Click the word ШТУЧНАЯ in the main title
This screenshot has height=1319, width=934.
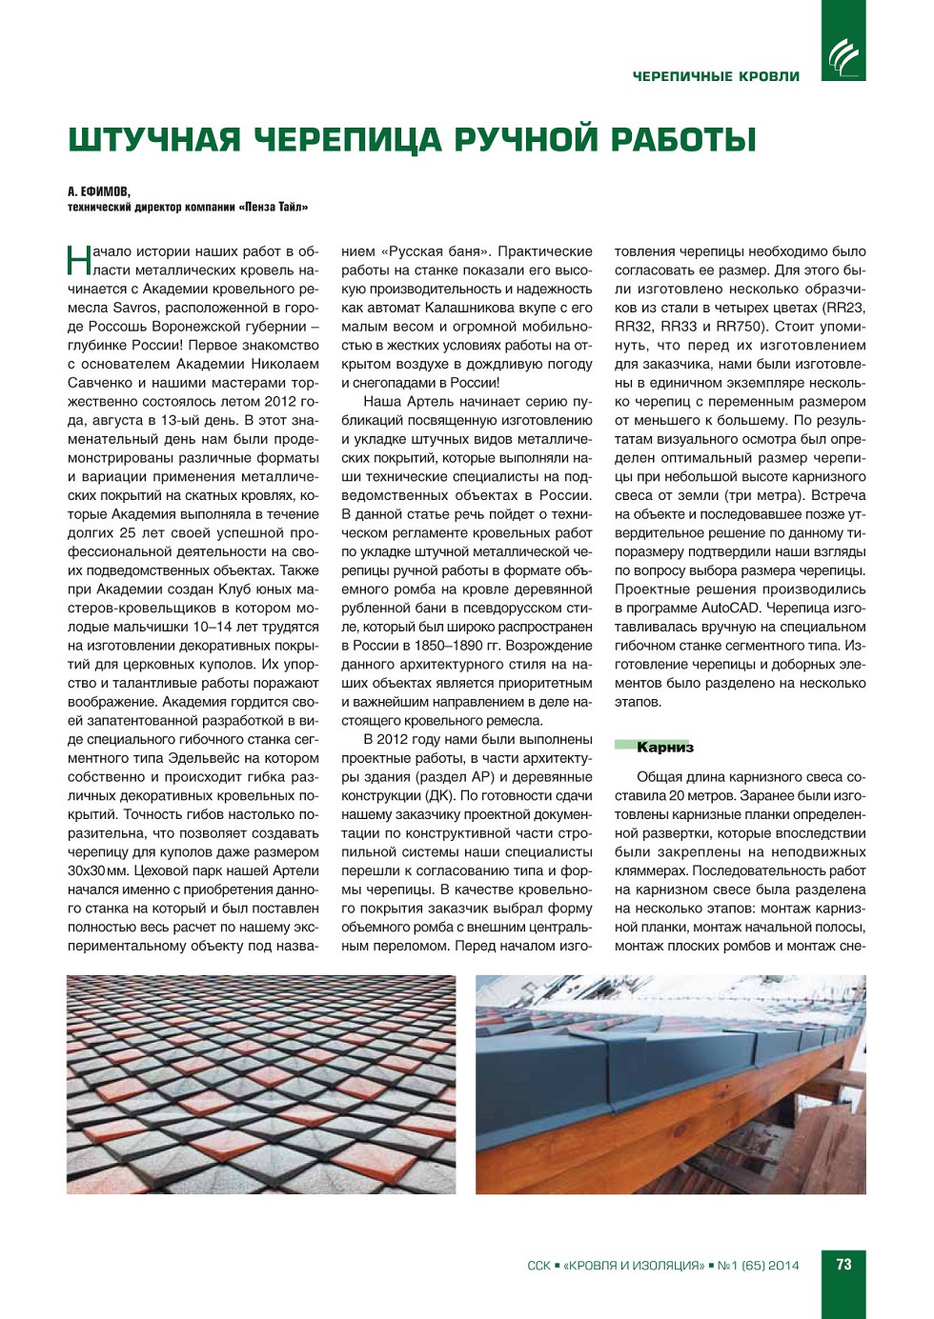154,140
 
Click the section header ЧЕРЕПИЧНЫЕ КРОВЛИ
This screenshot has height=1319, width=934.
716,76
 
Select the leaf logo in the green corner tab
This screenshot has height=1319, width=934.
843,57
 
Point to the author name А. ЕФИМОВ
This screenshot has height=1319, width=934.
99,191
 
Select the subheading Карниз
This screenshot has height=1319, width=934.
664,748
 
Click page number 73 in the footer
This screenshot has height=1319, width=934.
843,1265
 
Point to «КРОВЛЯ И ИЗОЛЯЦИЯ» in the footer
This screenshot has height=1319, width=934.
634,1266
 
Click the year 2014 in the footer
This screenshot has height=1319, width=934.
783,1266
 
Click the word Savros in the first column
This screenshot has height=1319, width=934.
134,308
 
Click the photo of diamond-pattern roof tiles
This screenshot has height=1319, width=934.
261,1084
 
